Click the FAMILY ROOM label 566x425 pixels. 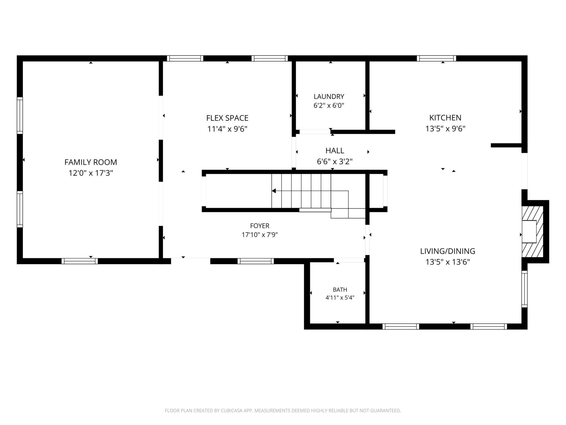[91, 162]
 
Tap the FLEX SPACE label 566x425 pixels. [227, 118]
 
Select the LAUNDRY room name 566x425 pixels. [329, 97]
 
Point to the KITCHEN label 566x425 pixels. [445, 118]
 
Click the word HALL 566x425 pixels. [335, 151]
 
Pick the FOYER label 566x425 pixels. [260, 226]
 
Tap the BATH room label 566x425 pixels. [340, 290]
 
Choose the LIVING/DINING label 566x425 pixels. [447, 251]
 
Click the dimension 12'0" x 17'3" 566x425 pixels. [91, 173]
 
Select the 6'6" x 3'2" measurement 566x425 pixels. [335, 161]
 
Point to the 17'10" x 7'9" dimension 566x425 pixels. [260, 235]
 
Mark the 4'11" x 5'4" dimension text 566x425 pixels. [340, 297]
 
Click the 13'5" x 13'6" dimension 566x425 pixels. [447, 262]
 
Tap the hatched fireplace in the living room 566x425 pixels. [532, 232]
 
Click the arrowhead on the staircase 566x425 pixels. [274, 191]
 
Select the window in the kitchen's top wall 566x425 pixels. [436, 58]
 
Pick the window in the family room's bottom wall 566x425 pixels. [80, 261]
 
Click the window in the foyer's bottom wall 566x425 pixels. [256, 261]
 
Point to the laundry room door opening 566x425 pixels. [315, 132]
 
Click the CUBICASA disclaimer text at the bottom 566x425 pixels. [283, 411]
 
